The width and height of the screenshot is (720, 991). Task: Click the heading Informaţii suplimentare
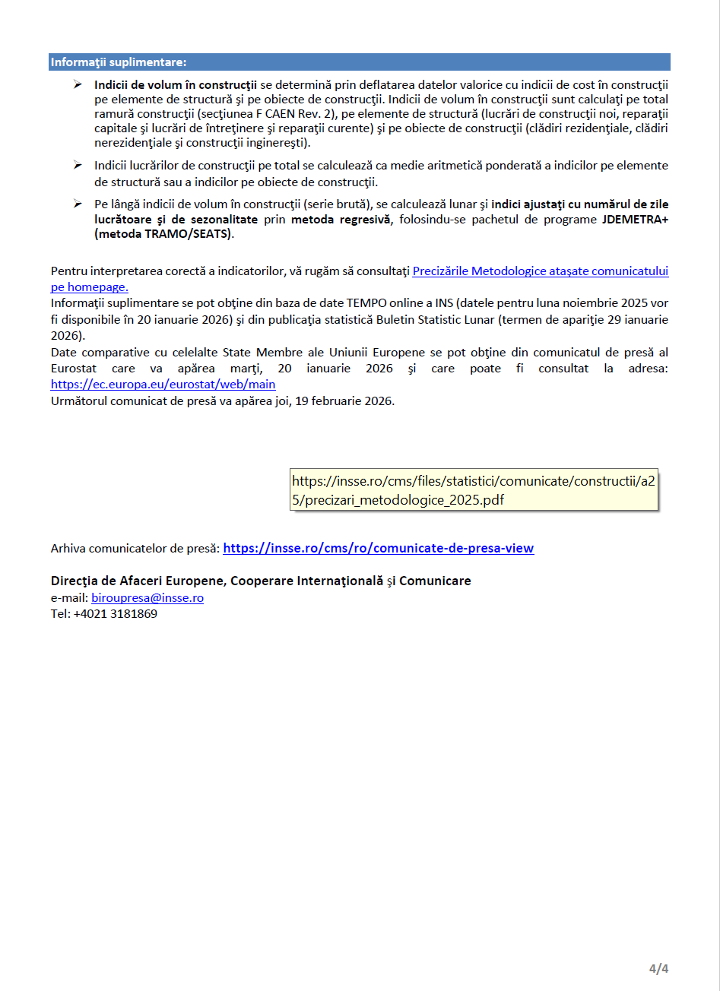119,62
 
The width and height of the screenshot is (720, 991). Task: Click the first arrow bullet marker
78,84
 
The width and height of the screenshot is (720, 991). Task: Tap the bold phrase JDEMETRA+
635,220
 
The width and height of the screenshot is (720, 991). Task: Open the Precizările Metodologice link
540,271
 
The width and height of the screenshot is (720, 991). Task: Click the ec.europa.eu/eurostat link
163,385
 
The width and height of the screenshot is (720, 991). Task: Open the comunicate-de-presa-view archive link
378,548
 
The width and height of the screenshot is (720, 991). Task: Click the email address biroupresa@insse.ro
147,598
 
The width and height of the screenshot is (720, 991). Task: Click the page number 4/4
658,968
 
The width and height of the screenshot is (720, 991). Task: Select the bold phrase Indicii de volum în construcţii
176,84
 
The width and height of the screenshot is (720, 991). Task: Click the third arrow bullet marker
78,204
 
